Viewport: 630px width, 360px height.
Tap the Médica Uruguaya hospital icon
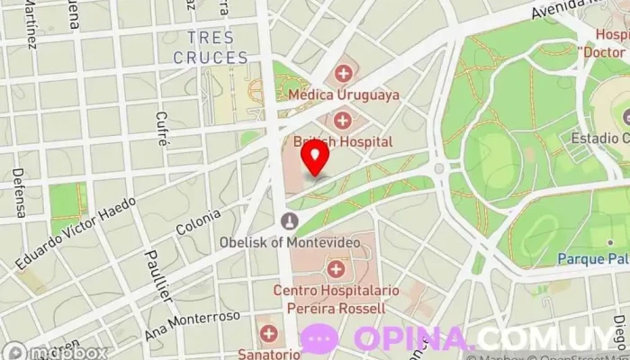[x=343, y=74]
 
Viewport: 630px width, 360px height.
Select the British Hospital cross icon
[x=343, y=121]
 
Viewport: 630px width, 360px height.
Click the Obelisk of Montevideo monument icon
[x=289, y=220]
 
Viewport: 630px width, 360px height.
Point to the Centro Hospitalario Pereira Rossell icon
[x=336, y=268]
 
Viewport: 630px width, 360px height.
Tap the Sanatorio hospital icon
[x=266, y=332]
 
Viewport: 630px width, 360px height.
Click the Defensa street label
[x=19, y=193]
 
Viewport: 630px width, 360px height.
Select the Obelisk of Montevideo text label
[x=289, y=242]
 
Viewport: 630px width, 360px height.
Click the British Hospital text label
[x=343, y=141]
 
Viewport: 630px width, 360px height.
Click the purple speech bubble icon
[x=319, y=338]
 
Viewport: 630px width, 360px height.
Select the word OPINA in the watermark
[x=413, y=338]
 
